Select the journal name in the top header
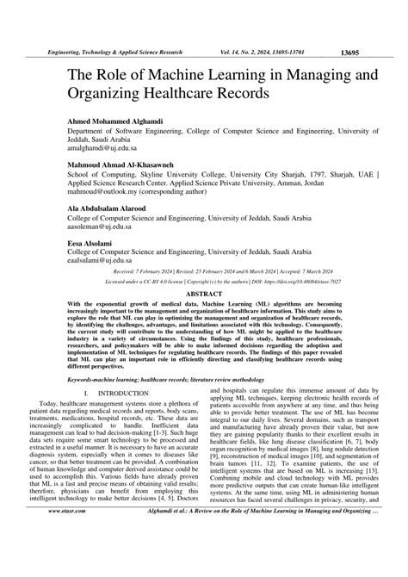click(x=115, y=52)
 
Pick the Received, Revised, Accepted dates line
click(x=204, y=270)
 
